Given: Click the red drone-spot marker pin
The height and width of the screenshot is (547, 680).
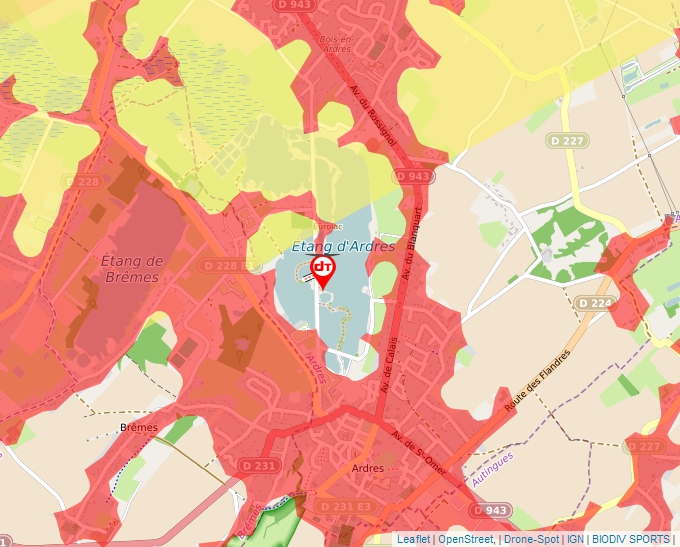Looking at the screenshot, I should coord(323,270).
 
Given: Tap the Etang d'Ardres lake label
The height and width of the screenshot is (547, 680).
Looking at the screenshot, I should coord(343,246).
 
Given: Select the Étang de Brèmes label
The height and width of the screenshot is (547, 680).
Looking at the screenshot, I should coord(132,268).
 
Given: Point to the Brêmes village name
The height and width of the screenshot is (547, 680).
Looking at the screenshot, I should coord(139,427).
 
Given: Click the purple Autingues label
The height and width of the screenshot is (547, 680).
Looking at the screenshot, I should coord(492,469).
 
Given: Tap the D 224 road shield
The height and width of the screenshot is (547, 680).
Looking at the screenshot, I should coord(594,302).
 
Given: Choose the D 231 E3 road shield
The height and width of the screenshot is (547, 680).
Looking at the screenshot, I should coord(345,507).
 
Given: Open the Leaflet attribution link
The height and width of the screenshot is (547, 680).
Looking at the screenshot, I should coord(413,539).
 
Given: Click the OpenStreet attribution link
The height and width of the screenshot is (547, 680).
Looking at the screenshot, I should coord(465,539).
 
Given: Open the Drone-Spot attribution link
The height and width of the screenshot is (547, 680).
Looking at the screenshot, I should coord(531,539).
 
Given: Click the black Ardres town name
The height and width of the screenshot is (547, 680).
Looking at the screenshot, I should coord(368,467).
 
